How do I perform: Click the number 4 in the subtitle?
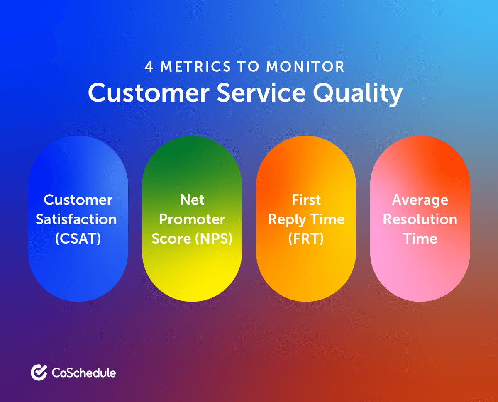click(x=149, y=67)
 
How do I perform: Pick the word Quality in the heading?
click(x=357, y=94)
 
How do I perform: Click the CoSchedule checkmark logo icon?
click(x=39, y=373)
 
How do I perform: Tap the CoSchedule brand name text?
click(x=84, y=373)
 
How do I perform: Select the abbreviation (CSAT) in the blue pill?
click(x=78, y=239)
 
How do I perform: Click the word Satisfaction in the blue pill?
click(x=76, y=219)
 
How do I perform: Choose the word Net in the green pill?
click(x=192, y=200)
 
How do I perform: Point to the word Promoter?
click(x=192, y=219)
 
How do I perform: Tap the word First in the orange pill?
click(x=306, y=200)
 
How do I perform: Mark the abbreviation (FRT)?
click(x=306, y=239)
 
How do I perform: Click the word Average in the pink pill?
click(x=420, y=200)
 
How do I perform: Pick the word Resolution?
click(x=420, y=219)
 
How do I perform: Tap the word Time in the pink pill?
click(x=420, y=239)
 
